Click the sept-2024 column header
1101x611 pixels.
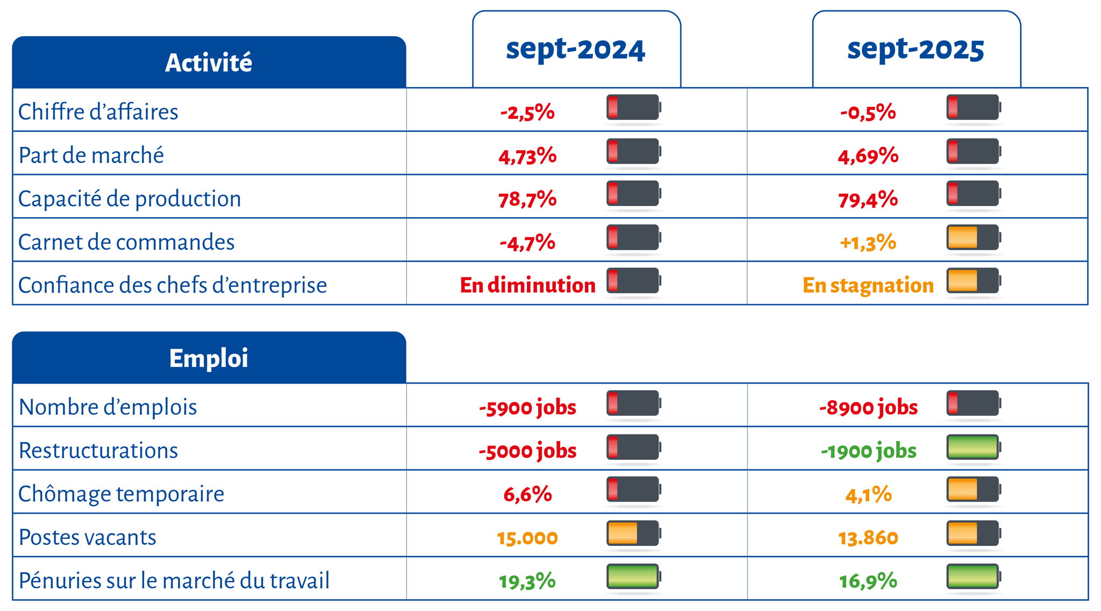[575, 49]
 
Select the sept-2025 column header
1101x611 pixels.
[916, 49]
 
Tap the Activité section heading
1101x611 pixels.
[209, 62]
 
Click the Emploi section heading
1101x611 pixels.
[209, 358]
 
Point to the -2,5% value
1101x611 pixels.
[527, 112]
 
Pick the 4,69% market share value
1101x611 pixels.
[868, 156]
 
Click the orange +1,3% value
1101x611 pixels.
[868, 243]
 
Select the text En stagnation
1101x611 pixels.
[868, 285]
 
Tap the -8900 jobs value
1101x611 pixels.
[868, 407]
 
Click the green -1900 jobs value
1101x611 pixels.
[868, 451]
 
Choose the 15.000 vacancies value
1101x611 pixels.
[527, 537]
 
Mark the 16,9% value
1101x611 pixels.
[868, 581]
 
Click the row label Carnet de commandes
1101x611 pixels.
[126, 242]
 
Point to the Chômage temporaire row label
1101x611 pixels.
[121, 494]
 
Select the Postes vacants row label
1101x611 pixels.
[87, 537]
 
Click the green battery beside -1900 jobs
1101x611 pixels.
[973, 447]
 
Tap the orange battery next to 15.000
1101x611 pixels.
[633, 533]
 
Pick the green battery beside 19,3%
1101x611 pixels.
[633, 576]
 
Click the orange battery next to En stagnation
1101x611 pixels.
[973, 281]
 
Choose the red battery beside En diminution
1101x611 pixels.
[633, 281]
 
